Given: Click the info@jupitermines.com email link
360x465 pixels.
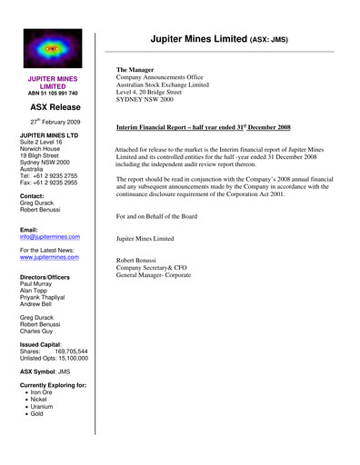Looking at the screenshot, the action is [x=50, y=237].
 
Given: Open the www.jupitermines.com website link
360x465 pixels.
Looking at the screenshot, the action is [x=51, y=257].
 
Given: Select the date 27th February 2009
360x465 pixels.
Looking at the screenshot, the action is [x=55, y=121].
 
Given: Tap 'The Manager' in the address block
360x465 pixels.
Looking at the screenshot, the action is [x=135, y=69].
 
